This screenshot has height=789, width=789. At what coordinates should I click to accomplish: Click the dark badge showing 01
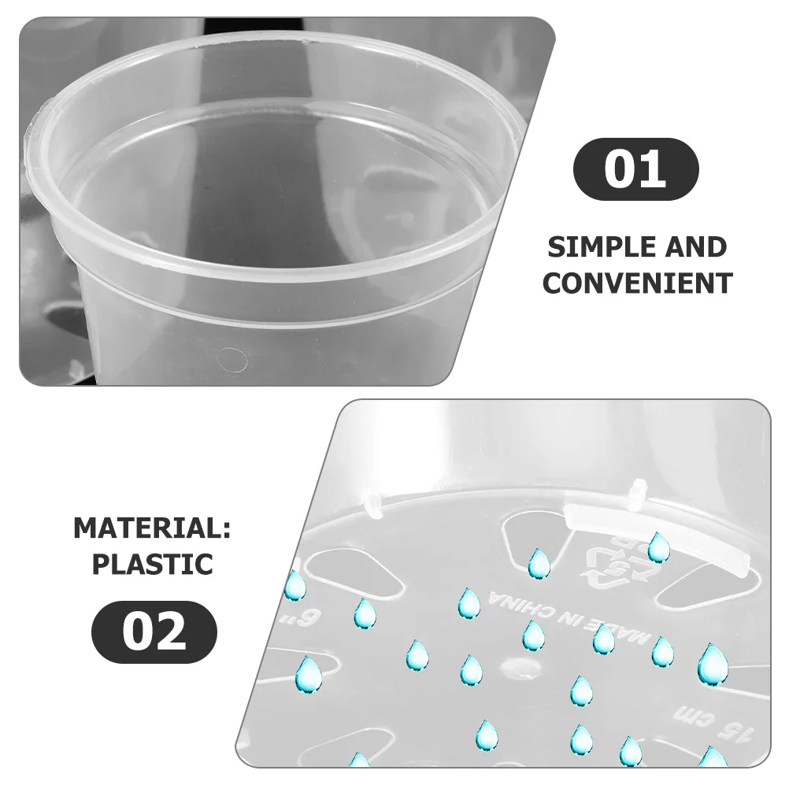click(635, 169)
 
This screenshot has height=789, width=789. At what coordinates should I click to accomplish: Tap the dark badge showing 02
click(154, 632)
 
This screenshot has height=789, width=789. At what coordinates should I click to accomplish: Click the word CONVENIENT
click(637, 283)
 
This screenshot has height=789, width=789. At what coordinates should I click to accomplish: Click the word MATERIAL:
click(152, 528)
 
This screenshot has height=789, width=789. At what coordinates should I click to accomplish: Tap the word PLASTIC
click(152, 564)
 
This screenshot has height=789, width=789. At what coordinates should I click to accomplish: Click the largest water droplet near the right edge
click(712, 663)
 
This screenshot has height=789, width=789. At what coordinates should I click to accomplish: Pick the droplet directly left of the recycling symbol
click(539, 563)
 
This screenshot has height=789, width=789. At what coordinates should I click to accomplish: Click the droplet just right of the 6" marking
click(364, 613)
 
